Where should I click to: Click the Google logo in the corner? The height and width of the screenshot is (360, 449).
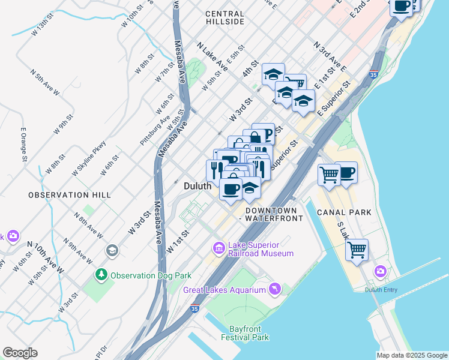[x=20, y=353]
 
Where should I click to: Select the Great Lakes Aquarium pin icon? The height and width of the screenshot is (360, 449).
[x=275, y=289]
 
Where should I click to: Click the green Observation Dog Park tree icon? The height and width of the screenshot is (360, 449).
[x=101, y=275]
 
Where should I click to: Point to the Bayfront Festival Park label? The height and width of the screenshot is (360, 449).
[x=249, y=333]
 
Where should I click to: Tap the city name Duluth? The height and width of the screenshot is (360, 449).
[x=197, y=187]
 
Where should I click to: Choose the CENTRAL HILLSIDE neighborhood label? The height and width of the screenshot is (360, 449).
[x=224, y=17]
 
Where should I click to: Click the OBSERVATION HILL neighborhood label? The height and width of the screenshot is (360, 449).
[x=70, y=196]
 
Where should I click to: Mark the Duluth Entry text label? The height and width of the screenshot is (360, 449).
[x=381, y=290]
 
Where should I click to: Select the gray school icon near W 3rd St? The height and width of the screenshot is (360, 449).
[x=112, y=250]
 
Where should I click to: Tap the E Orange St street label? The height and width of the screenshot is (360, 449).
[x=25, y=145]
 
